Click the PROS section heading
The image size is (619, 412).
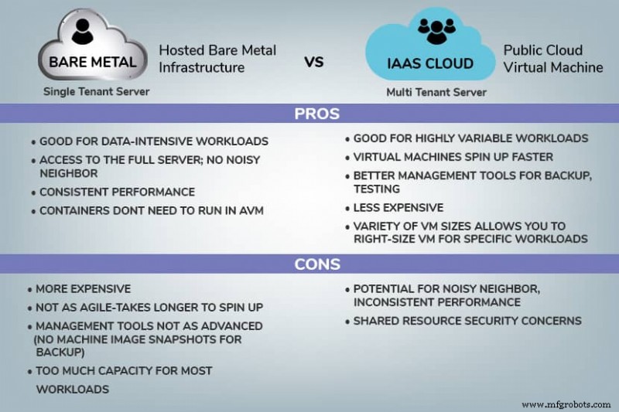click(317, 114)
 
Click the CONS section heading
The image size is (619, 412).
click(317, 264)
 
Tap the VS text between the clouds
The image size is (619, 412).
click(313, 61)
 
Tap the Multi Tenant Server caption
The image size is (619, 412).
click(436, 92)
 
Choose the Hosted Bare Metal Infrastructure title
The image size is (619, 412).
click(217, 59)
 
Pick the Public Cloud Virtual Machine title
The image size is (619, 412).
click(552, 59)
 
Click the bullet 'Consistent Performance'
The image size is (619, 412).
click(117, 192)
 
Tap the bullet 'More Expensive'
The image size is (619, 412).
click(84, 289)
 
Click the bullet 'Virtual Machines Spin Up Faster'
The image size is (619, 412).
click(453, 157)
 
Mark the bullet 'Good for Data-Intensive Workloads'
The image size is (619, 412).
click(153, 141)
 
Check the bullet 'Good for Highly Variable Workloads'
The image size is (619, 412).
click(470, 138)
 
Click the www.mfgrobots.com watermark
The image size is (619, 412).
click(566, 404)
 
